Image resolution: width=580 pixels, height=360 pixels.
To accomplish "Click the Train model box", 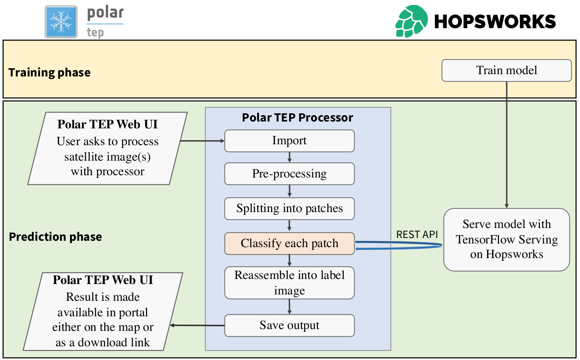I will click(x=506, y=71).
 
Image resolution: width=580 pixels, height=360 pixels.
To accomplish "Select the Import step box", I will click(x=289, y=141).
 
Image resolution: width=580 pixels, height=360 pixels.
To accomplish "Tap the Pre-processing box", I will click(x=289, y=174).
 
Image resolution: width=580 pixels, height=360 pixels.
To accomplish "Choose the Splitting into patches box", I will click(x=289, y=208).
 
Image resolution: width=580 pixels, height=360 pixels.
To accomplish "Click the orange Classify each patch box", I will click(x=289, y=243).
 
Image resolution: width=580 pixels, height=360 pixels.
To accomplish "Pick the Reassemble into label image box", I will click(x=289, y=283).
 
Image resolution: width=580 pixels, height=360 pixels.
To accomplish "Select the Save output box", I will click(x=289, y=325).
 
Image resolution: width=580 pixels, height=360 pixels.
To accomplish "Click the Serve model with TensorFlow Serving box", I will click(x=506, y=239).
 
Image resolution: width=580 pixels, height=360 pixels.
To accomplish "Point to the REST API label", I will click(x=417, y=235).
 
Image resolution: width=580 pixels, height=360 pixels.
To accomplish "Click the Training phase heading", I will click(x=49, y=72).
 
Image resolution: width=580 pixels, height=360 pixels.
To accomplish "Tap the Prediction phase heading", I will click(x=55, y=237).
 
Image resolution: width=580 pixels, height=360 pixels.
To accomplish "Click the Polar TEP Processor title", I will click(x=297, y=117).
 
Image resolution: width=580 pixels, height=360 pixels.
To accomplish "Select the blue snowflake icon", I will click(x=61, y=21).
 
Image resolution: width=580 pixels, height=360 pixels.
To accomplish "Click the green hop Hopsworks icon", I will click(x=411, y=21).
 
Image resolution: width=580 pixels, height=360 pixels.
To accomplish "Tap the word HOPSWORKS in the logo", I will click(x=495, y=21).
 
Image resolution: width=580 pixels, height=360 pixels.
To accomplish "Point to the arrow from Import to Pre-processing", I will click(x=289, y=157).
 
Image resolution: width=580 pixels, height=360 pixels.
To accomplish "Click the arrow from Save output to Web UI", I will click(x=197, y=325).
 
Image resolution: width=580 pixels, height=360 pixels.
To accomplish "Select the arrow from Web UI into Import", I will click(x=203, y=141).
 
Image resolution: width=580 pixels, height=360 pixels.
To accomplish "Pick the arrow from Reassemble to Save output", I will click(x=289, y=307).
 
